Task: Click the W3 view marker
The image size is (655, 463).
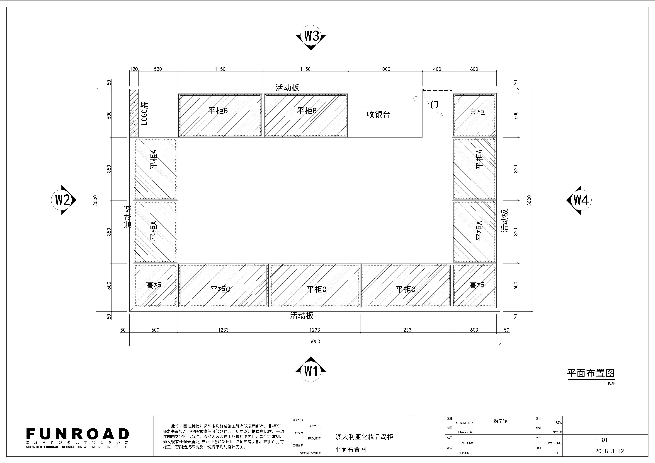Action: click(x=311, y=37)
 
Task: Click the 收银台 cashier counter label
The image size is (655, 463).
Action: click(x=378, y=115)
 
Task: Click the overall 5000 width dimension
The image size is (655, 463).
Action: click(x=315, y=341)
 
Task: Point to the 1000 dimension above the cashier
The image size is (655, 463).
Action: click(x=385, y=69)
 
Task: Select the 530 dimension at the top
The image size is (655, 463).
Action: click(x=158, y=69)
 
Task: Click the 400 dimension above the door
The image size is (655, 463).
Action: click(x=437, y=69)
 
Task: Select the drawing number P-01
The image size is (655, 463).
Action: click(x=601, y=440)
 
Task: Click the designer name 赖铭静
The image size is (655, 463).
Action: click(x=500, y=421)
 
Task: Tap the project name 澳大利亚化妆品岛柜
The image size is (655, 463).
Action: click(x=364, y=437)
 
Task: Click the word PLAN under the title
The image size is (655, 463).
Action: click(x=611, y=383)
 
